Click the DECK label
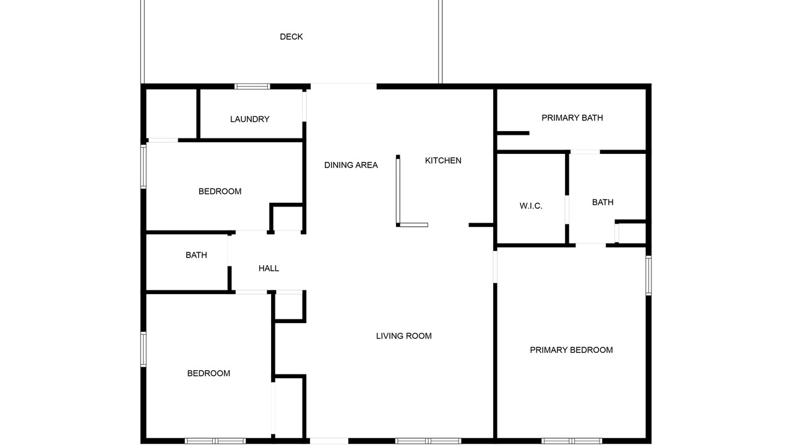[291, 36]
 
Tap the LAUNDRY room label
[249, 119]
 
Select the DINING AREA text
[351, 165]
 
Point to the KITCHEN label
[443, 161]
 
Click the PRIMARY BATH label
[572, 117]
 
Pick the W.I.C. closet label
[531, 206]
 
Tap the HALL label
[269, 268]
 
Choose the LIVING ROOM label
[404, 336]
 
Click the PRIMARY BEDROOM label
[571, 350]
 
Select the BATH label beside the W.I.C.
[603, 202]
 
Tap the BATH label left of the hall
[196, 255]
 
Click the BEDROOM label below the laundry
[220, 192]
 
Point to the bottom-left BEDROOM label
[209, 373]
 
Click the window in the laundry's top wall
[252, 87]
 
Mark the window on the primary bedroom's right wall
[648, 276]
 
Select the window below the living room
[428, 441]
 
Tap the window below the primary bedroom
[571, 441]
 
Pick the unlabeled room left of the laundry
[171, 114]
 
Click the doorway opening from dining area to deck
[343, 87]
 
